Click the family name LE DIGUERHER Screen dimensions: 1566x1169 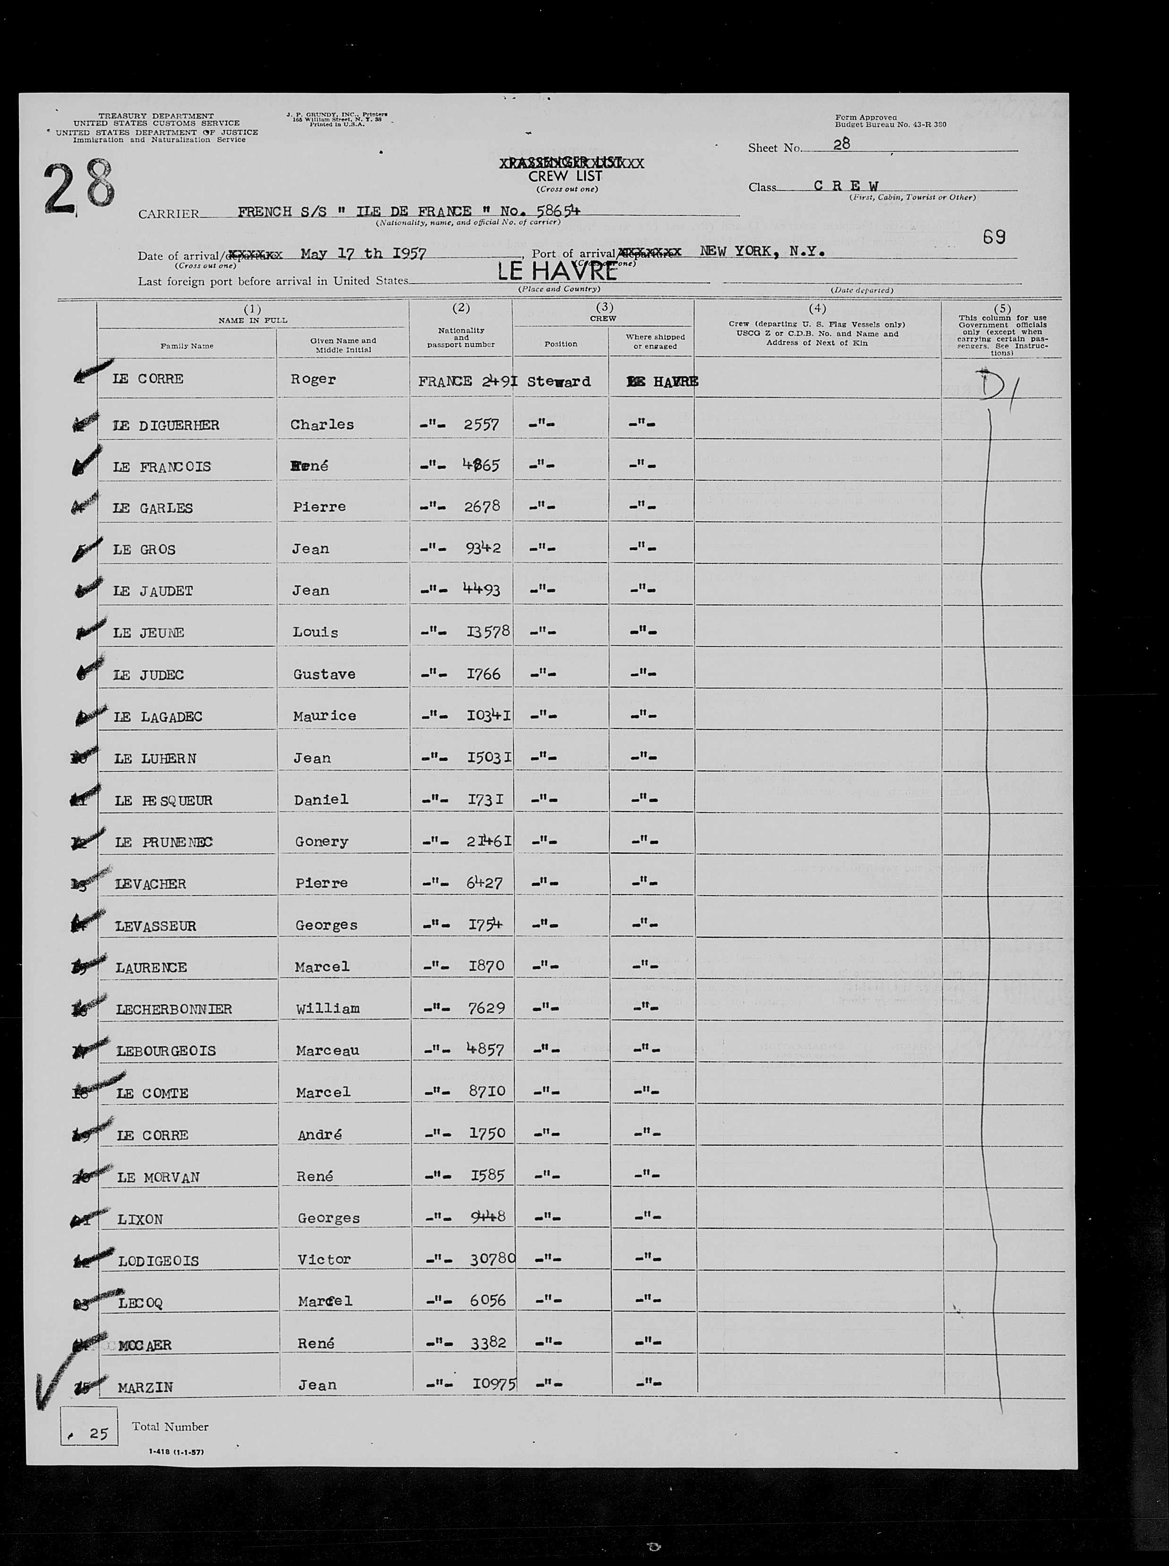166,425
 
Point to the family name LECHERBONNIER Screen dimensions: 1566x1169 174,1008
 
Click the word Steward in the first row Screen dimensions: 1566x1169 559,382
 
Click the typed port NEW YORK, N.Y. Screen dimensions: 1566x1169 762,251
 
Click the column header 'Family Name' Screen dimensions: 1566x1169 187,346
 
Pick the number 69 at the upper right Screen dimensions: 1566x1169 993,237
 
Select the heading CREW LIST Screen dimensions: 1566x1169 565,176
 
